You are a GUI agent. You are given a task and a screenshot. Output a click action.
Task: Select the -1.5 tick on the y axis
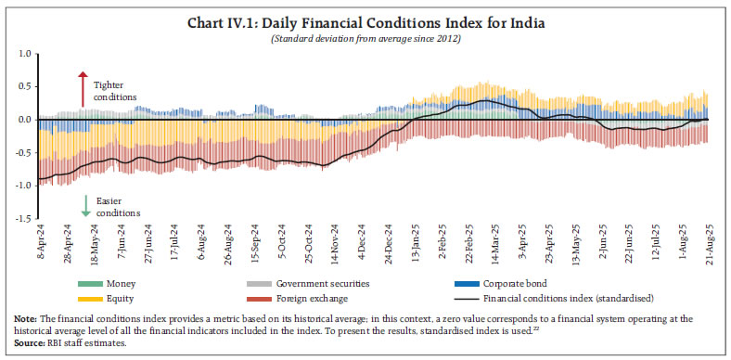coord(23,219)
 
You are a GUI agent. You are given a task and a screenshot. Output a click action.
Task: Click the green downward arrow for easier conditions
coord(85,206)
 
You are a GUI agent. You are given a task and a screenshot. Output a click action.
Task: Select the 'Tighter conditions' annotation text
coord(115,91)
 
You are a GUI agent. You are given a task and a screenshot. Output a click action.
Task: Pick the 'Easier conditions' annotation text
coord(115,206)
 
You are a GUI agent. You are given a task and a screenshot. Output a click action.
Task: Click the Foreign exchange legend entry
coord(320,299)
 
